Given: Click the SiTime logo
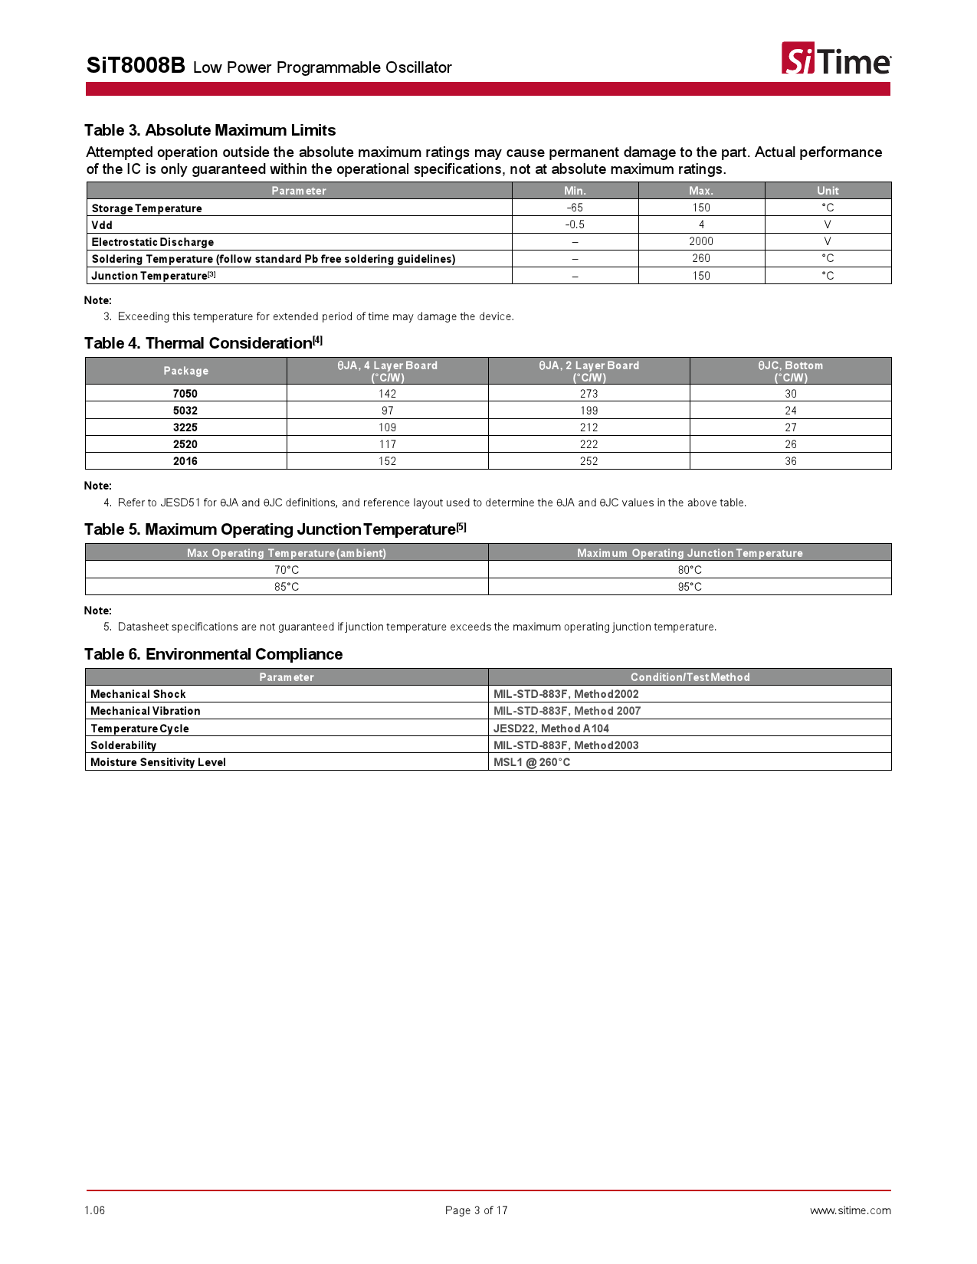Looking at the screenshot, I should [835, 59].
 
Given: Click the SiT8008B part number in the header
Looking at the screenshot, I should [136, 66].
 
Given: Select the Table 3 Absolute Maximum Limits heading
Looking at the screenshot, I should [210, 130].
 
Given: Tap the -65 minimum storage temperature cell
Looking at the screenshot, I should [575, 208].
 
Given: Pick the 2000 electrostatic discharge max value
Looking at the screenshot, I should [700, 241].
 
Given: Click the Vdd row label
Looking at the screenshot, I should [102, 225].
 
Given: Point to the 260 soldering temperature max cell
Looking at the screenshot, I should [700, 258].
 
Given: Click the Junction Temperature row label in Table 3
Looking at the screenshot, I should [150, 276].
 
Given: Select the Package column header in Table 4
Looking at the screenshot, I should [185, 371].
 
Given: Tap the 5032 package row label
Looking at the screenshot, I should [185, 411].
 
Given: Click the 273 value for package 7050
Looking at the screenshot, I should [588, 394].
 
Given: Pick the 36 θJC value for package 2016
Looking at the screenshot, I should [790, 461].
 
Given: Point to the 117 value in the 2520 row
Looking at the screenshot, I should [387, 444].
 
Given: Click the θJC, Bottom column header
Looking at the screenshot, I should [790, 371].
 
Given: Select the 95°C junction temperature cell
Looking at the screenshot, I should [689, 587].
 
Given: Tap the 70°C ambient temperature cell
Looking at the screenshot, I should [287, 570].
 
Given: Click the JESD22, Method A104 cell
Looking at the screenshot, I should [551, 729].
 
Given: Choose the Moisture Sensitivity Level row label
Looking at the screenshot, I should [158, 762].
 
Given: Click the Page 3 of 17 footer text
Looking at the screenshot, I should [476, 1210].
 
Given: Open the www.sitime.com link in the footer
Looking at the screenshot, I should [850, 1210].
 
